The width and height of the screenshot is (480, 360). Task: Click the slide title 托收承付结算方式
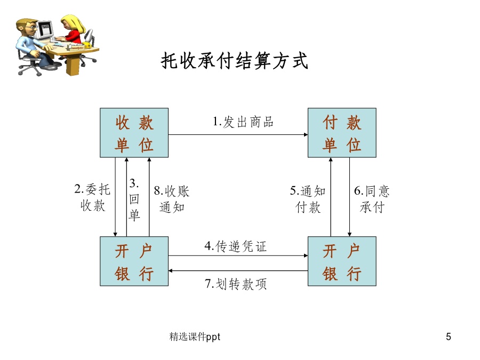pyautogui.click(x=234, y=61)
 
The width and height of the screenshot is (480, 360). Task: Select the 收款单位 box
pyautogui.click(x=134, y=133)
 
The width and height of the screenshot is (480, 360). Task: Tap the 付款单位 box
pyautogui.click(x=342, y=133)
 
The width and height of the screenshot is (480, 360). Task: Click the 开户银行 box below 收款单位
pyautogui.click(x=134, y=261)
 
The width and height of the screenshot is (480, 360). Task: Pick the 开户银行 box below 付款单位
pyautogui.click(x=342, y=261)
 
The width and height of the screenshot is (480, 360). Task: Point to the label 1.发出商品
pyautogui.click(x=243, y=122)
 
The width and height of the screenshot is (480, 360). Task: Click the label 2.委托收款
pyautogui.click(x=92, y=197)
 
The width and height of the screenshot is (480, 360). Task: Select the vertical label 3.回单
pyautogui.click(x=134, y=199)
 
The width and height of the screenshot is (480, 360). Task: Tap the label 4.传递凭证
pyautogui.click(x=235, y=246)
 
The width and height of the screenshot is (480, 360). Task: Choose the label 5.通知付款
pyautogui.click(x=308, y=199)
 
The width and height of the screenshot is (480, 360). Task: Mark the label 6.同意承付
pyautogui.click(x=372, y=199)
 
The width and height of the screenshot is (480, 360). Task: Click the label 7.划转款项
pyautogui.click(x=235, y=284)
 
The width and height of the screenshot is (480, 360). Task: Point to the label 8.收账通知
pyautogui.click(x=171, y=199)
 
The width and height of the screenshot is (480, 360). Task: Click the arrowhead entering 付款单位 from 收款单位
pyautogui.click(x=306, y=134)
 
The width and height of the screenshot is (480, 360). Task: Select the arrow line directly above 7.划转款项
pyautogui.click(x=238, y=270)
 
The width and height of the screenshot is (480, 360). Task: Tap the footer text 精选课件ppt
pyautogui.click(x=195, y=337)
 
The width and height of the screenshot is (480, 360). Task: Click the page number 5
pyautogui.click(x=449, y=337)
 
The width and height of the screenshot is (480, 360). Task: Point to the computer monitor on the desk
pyautogui.click(x=44, y=30)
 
